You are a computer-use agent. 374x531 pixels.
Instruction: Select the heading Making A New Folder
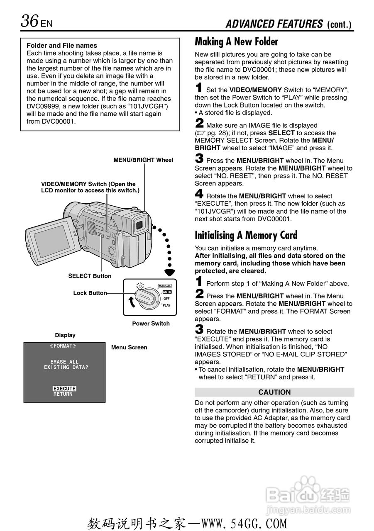coord(236,42)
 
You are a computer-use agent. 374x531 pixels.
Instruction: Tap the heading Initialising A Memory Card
coord(246,235)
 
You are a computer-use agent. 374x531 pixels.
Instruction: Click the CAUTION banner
coord(274,392)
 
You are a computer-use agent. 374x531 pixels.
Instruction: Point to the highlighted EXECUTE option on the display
coord(64,389)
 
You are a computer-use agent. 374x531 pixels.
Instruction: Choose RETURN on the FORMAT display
coord(63,395)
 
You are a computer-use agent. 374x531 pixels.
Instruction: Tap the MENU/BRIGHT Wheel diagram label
coord(143,160)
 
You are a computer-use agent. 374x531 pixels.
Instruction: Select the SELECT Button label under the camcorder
coord(90,276)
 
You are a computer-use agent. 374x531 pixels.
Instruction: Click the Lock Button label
coord(90,293)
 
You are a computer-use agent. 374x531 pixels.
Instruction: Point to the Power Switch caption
coord(151,324)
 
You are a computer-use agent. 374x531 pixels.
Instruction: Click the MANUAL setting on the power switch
coord(165,286)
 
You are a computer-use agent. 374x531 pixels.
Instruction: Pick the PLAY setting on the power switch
coord(166,305)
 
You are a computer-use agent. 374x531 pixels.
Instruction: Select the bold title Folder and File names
coord(62,46)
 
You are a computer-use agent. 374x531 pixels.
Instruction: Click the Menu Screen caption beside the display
coord(129,348)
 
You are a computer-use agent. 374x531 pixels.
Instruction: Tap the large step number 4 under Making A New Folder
coord(199,194)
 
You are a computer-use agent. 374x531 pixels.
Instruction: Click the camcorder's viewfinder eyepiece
coord(139,226)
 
